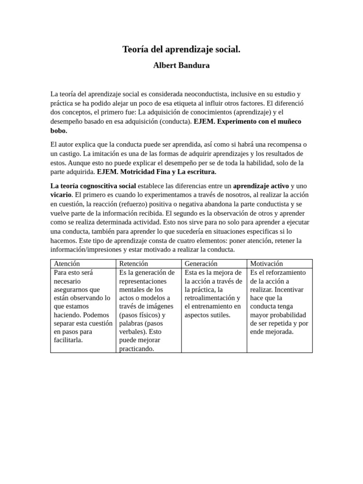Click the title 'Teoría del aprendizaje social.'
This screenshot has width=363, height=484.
(181, 49)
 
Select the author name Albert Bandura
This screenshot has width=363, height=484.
(181, 66)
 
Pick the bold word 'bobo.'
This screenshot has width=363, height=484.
(59, 130)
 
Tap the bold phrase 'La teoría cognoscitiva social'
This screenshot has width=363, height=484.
(93, 186)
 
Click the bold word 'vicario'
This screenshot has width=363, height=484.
(61, 195)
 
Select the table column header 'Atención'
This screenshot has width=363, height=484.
(67, 264)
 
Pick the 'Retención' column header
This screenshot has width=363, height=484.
(133, 264)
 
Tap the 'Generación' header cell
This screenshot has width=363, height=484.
(201, 264)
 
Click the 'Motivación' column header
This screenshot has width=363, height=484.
(266, 264)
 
